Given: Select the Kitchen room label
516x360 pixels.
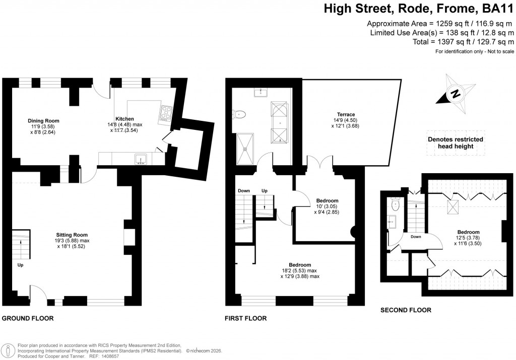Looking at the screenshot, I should (124, 119).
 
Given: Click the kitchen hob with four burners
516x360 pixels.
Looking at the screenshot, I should (165, 114).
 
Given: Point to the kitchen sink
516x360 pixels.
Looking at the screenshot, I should (141, 160).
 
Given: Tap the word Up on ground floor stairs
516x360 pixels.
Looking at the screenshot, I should (20, 265).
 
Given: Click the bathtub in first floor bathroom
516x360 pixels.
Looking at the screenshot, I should (279, 123).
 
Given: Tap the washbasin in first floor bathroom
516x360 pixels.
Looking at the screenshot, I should (262, 92).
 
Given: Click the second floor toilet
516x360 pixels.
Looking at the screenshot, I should (396, 205).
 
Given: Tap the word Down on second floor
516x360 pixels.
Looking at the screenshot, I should (416, 237).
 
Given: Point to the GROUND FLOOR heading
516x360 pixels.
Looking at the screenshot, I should (28, 318).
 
